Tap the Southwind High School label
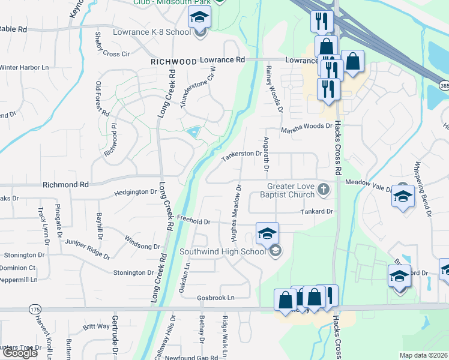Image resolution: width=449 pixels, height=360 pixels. click(x=223, y=251)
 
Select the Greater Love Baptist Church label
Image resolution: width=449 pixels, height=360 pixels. click(x=287, y=190)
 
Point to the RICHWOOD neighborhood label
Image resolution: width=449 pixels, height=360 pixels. click(x=174, y=62)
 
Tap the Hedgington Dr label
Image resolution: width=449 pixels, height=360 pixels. click(x=136, y=193)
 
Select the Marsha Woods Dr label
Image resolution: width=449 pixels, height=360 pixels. click(x=307, y=126)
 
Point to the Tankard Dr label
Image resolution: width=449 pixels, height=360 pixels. click(x=316, y=212)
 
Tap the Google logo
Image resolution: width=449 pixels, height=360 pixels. click(x=19, y=353)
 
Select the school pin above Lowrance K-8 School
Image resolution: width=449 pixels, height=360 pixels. click(x=199, y=17)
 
